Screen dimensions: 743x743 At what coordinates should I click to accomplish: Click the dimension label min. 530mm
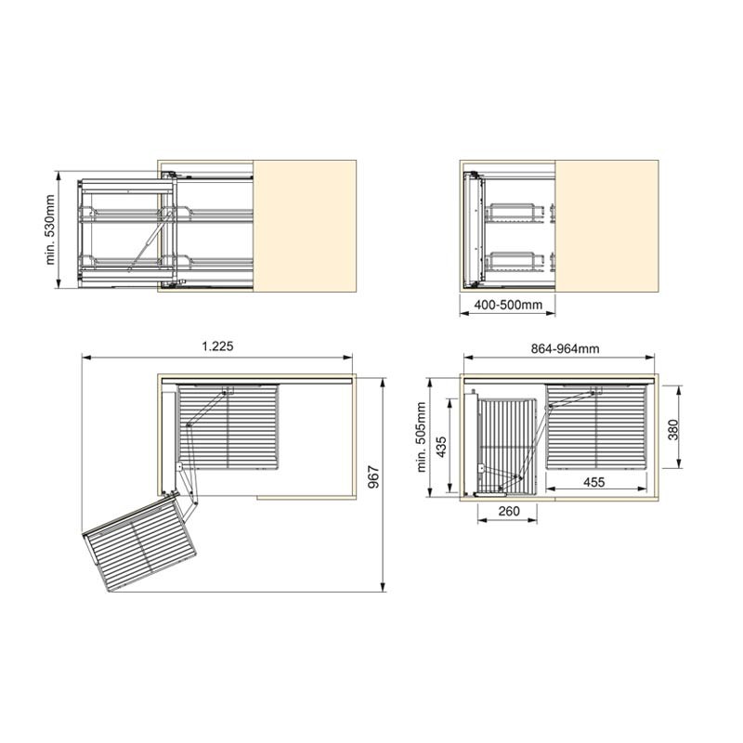pos(51,229)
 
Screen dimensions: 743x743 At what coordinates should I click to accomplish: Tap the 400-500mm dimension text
pos(508,305)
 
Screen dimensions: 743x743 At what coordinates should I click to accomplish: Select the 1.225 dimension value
pos(217,346)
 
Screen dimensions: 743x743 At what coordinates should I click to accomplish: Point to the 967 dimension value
pos(374,477)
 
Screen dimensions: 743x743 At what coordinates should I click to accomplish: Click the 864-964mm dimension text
pos(565,349)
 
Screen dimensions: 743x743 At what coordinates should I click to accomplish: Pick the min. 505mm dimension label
pos(422,437)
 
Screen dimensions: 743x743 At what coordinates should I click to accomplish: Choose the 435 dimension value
pos(441,447)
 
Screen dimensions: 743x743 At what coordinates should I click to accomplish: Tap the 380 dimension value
pos(673,430)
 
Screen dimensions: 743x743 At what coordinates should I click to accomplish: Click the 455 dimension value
pos(594,482)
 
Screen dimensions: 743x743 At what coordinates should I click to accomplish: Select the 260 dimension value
pos(509,512)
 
